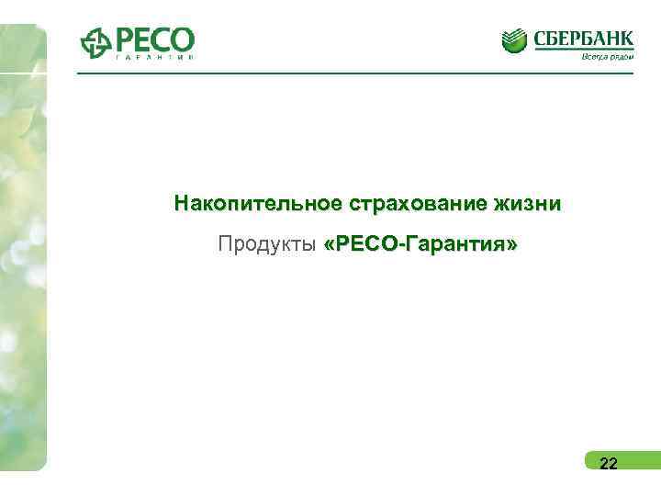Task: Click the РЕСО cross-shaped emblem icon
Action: (95, 43)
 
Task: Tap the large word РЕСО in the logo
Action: (154, 39)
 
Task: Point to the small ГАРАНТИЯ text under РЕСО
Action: (154, 59)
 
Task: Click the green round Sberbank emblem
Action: (516, 41)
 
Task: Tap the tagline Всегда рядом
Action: (606, 55)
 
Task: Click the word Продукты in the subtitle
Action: (267, 244)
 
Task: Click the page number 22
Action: (608, 463)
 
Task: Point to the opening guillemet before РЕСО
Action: (330, 245)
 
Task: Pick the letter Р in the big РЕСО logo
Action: (125, 39)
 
